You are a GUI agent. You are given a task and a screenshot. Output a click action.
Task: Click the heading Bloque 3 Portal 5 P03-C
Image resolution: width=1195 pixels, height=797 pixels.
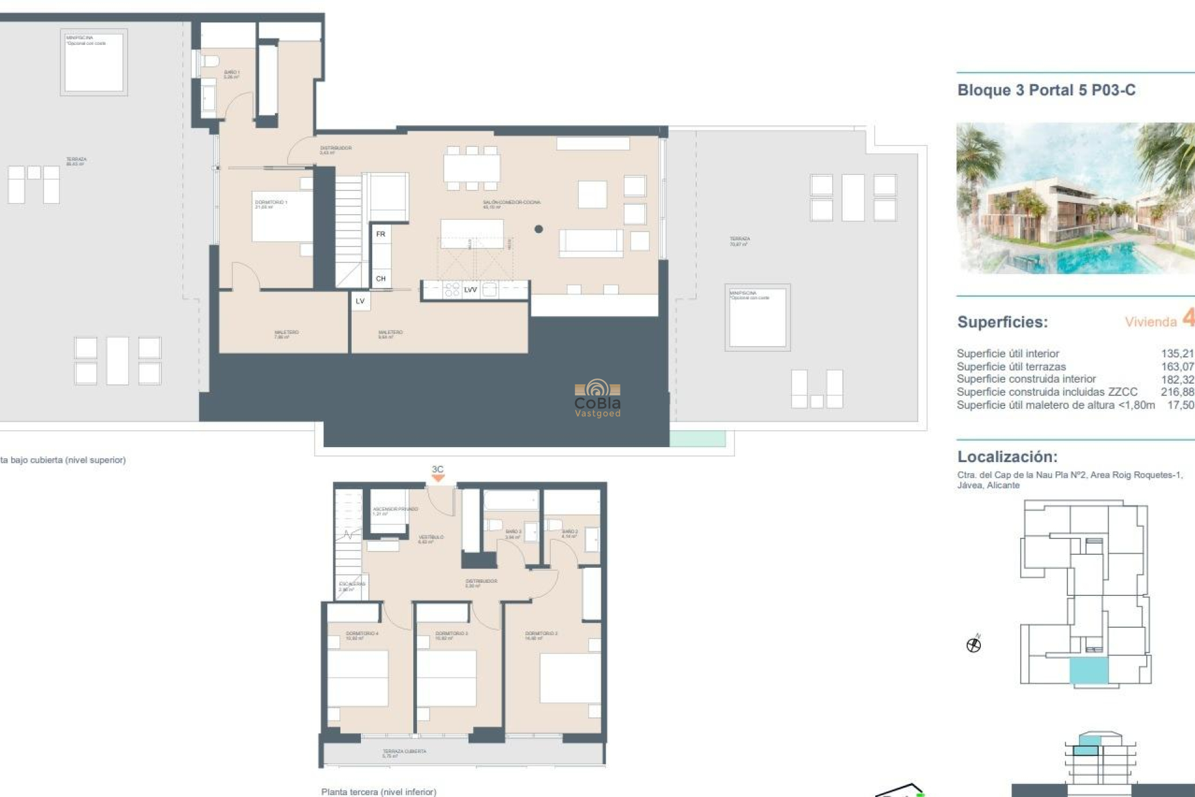[1046, 90]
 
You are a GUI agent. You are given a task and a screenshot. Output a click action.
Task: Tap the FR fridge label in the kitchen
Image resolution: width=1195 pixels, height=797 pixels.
[381, 234]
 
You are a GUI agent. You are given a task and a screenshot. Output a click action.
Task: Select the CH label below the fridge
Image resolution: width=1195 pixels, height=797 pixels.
[381, 279]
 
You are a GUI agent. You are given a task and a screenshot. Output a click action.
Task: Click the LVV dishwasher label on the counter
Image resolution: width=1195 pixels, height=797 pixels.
[471, 290]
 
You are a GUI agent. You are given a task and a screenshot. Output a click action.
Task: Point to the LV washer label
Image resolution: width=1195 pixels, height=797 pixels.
[360, 301]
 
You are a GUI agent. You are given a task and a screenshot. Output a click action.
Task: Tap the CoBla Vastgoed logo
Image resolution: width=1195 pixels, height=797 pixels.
[597, 398]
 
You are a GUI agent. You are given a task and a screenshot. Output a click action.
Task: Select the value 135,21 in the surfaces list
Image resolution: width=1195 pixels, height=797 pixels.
[1177, 354]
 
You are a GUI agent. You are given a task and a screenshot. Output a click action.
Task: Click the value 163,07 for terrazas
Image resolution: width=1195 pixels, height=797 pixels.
[1177, 367]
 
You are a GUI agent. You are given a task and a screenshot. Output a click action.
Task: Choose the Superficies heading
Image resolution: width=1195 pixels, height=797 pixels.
[1002, 322]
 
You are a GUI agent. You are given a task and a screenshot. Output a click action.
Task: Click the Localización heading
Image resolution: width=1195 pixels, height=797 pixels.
[1007, 456]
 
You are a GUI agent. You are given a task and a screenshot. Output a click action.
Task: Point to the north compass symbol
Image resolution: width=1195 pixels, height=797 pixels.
[974, 644]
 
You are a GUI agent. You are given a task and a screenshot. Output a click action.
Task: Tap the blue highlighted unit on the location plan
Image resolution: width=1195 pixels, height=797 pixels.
[1089, 671]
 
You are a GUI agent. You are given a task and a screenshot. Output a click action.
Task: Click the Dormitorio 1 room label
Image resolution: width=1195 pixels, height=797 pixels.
[271, 204]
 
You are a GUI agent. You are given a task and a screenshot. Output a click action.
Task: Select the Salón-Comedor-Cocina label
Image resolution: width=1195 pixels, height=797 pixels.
[512, 204]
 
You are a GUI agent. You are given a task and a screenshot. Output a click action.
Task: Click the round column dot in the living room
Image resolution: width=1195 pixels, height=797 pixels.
[539, 229]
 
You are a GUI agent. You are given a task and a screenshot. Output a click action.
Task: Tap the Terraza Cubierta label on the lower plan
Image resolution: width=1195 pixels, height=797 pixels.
[404, 753]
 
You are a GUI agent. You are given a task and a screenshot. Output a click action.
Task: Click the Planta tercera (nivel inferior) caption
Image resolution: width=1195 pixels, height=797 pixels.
[378, 791]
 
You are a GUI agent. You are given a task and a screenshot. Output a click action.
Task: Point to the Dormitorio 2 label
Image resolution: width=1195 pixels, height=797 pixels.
[541, 634]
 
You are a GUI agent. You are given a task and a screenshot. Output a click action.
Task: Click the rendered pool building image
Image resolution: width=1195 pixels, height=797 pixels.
[1075, 198]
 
